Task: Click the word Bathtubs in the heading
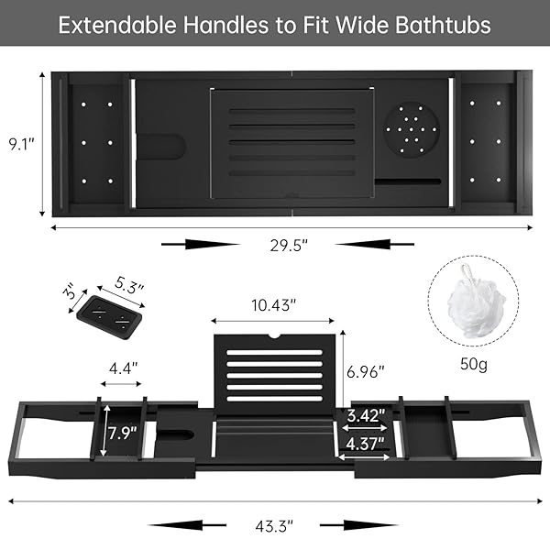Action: pos(443,25)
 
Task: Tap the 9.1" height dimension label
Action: pos(22,144)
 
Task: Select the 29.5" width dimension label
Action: pos(289,245)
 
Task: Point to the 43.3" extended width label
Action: pos(274,526)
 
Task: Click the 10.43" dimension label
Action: pos(274,305)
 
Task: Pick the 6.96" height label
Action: pos(366,372)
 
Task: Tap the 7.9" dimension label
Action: pos(122,433)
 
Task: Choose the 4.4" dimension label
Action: pos(123,368)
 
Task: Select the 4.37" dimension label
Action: pos(365,444)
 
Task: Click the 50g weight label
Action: pos(474,364)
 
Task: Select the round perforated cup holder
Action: pos(411,130)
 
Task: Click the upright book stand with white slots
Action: pos(274,374)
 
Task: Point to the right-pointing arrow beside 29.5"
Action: pos(201,244)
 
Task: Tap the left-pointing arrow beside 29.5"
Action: pos(375,244)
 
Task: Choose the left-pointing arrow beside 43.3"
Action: pos(187,525)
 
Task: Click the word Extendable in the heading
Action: pos(117,25)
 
